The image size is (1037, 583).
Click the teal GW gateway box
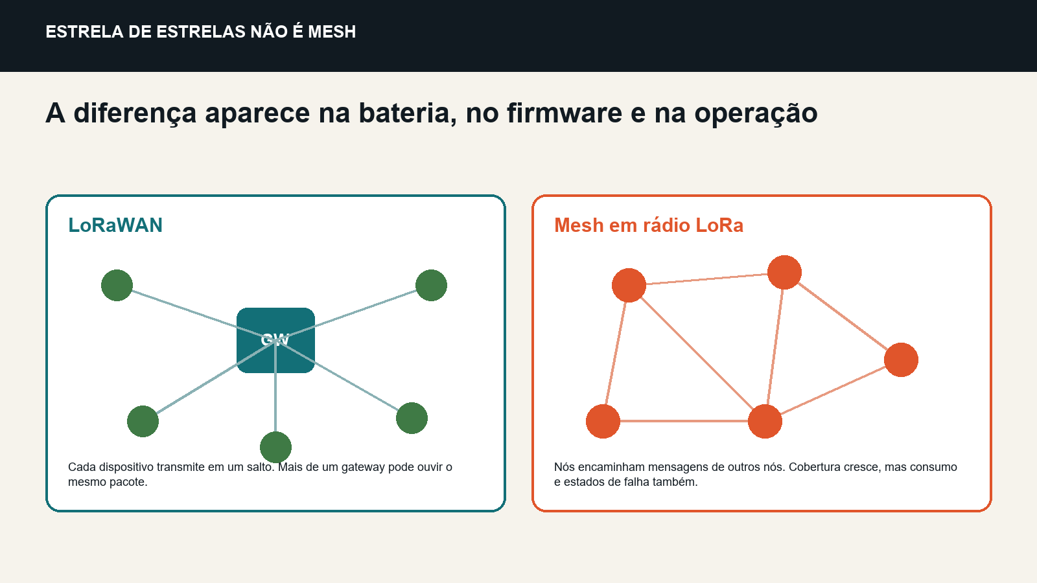coord(275,340)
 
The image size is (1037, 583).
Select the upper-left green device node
coord(117,285)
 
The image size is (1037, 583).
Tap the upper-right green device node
coord(431,285)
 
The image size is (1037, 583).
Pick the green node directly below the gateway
coord(275,447)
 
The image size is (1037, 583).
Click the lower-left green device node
coord(143,421)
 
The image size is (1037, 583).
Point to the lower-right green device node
coord(412,418)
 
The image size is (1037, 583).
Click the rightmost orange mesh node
coord(901,360)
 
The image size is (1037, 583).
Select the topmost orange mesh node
coord(784,272)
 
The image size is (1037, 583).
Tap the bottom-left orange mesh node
coord(603,421)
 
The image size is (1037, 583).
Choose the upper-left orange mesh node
coord(629,285)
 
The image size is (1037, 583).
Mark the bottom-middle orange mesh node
coord(765,421)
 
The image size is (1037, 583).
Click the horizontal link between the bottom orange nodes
coord(684,421)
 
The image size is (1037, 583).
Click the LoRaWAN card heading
coord(115,225)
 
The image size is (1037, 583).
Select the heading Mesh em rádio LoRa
coord(649,225)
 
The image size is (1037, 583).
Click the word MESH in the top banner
coord(332,32)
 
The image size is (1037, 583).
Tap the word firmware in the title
coord(565,113)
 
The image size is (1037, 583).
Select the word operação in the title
coord(756,113)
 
